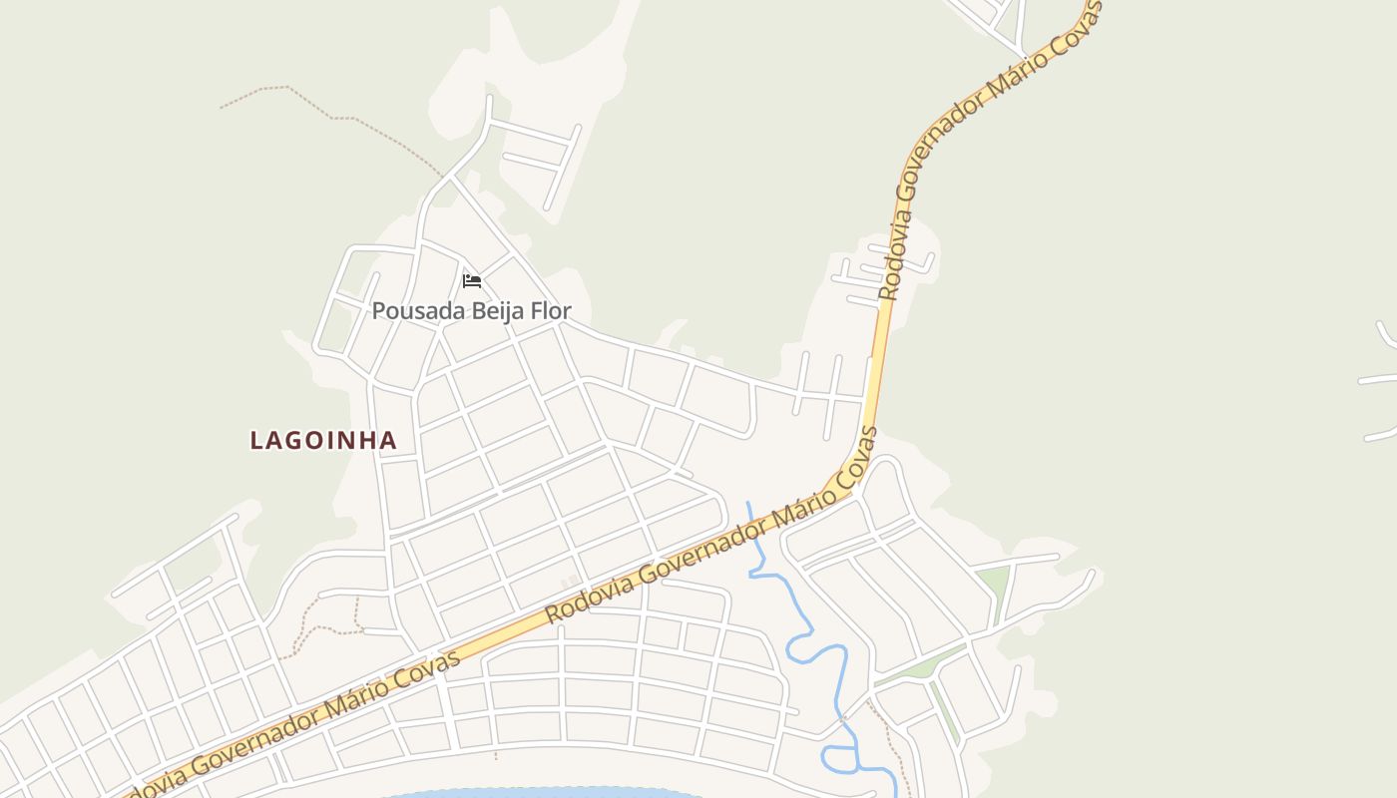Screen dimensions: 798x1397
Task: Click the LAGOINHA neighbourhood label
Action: pos(323,440)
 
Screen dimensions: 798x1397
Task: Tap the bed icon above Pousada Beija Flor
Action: pos(472,281)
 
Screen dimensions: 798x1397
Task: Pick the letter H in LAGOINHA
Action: pos(363,440)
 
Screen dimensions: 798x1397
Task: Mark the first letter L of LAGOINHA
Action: pos(256,440)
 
